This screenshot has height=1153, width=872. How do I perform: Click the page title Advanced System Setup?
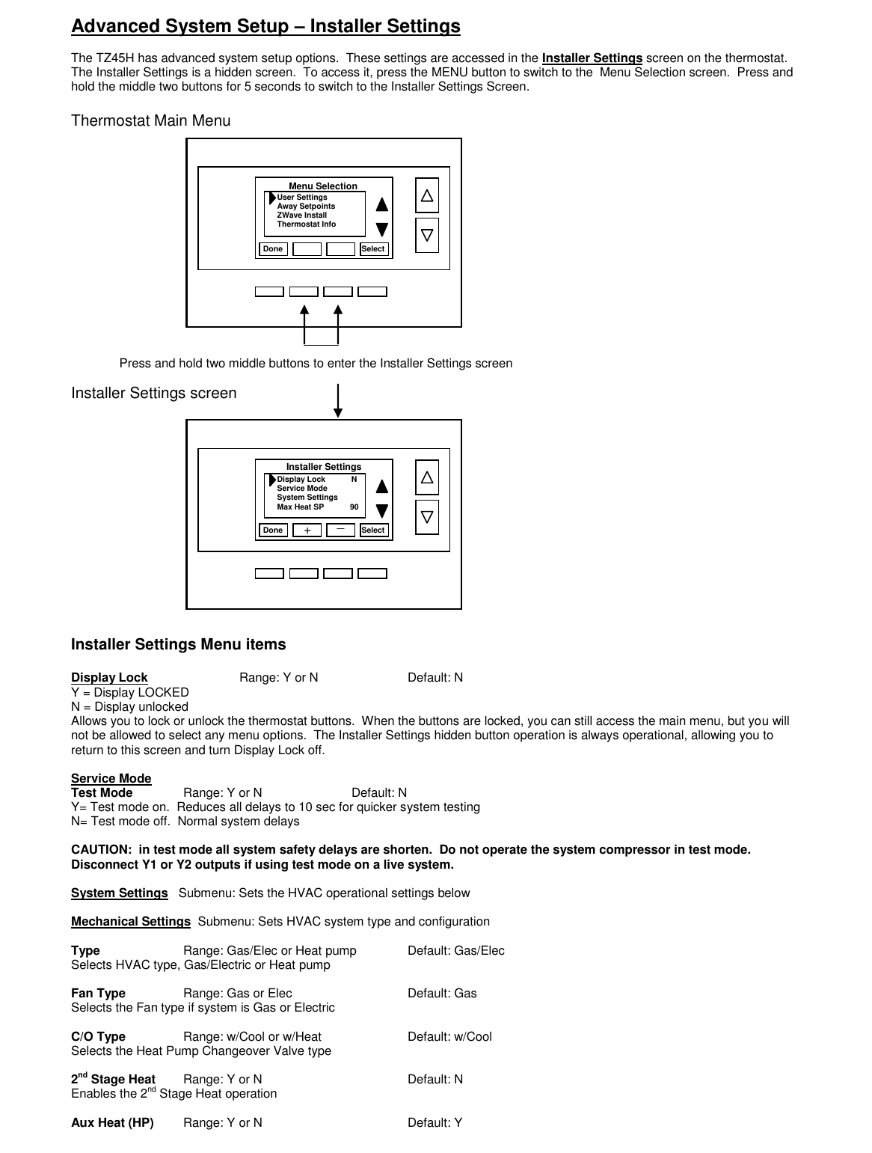tap(265, 27)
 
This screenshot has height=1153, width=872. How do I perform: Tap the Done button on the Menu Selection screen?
tap(273, 249)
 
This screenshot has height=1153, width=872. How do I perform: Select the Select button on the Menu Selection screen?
tap(373, 249)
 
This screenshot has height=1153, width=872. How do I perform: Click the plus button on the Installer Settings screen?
tap(307, 530)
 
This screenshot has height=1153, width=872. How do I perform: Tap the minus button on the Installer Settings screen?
tap(340, 530)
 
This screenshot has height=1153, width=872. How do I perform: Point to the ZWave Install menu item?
tap(301, 215)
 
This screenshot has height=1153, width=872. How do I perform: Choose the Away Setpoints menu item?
tap(306, 207)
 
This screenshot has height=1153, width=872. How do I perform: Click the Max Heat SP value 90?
tap(354, 507)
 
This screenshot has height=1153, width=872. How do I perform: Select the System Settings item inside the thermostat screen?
tap(307, 498)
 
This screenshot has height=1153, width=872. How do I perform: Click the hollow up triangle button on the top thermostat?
tap(427, 196)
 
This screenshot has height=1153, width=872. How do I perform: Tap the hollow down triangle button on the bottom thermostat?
tap(427, 517)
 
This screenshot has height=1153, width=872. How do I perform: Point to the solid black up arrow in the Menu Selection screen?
tap(382, 204)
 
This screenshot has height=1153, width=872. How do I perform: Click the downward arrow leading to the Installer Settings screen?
tap(338, 402)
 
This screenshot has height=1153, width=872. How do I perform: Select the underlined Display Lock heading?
tap(109, 678)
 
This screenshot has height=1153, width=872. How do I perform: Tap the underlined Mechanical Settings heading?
tap(131, 922)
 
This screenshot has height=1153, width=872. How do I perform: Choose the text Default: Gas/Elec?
tap(455, 951)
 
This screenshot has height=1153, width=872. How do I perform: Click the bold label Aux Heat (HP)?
tap(112, 1123)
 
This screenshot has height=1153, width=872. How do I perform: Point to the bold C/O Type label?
tap(98, 1037)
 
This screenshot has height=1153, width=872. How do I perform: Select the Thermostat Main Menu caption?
tap(150, 121)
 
